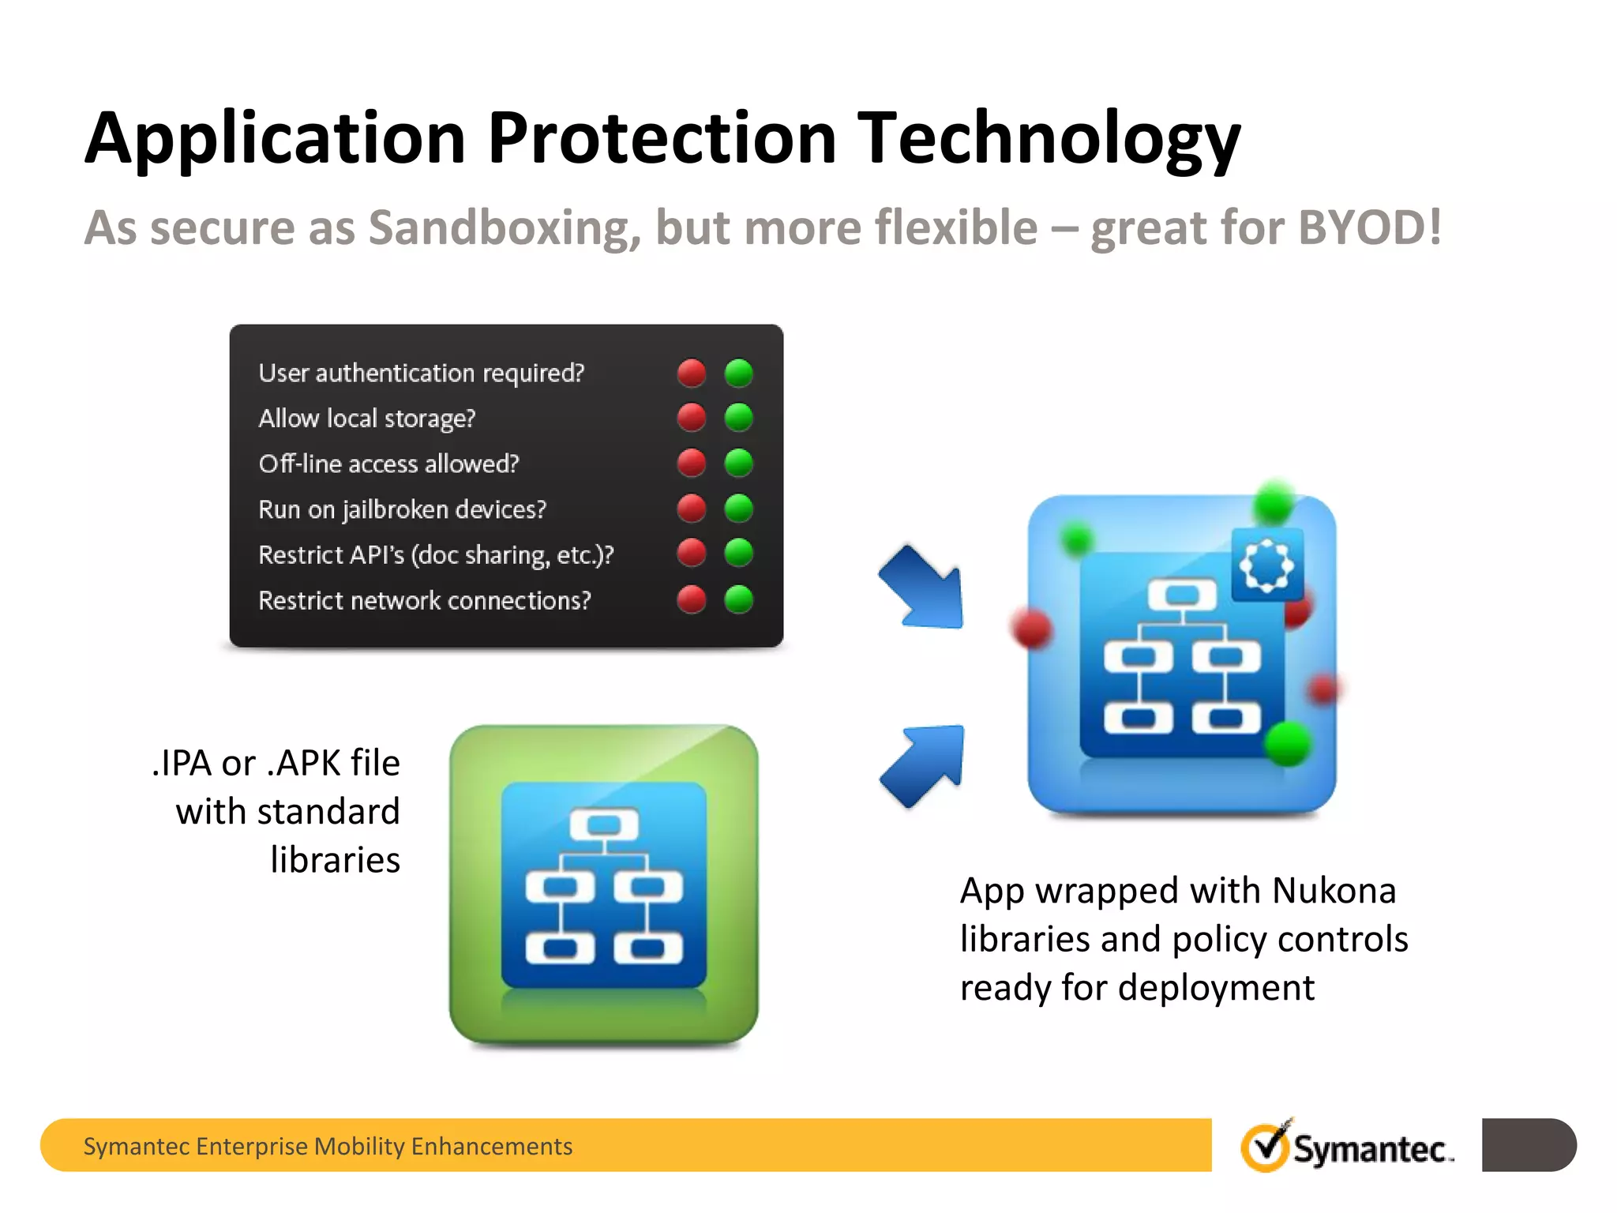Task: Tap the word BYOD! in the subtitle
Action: click(1369, 228)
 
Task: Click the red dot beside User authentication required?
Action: click(692, 373)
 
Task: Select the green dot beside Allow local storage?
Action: click(739, 417)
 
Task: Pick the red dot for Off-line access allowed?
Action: click(692, 463)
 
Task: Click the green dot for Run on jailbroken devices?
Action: click(739, 508)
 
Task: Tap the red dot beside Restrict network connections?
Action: click(692, 599)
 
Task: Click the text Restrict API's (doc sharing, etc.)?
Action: click(436, 555)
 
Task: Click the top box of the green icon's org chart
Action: click(604, 825)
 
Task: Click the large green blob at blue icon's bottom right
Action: click(1288, 743)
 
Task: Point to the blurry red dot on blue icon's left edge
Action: click(1032, 629)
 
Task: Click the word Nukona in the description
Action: click(1334, 891)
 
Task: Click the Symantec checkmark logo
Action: click(1266, 1146)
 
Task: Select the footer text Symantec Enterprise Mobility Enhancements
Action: click(328, 1146)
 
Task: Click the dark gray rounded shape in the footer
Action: click(1528, 1145)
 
